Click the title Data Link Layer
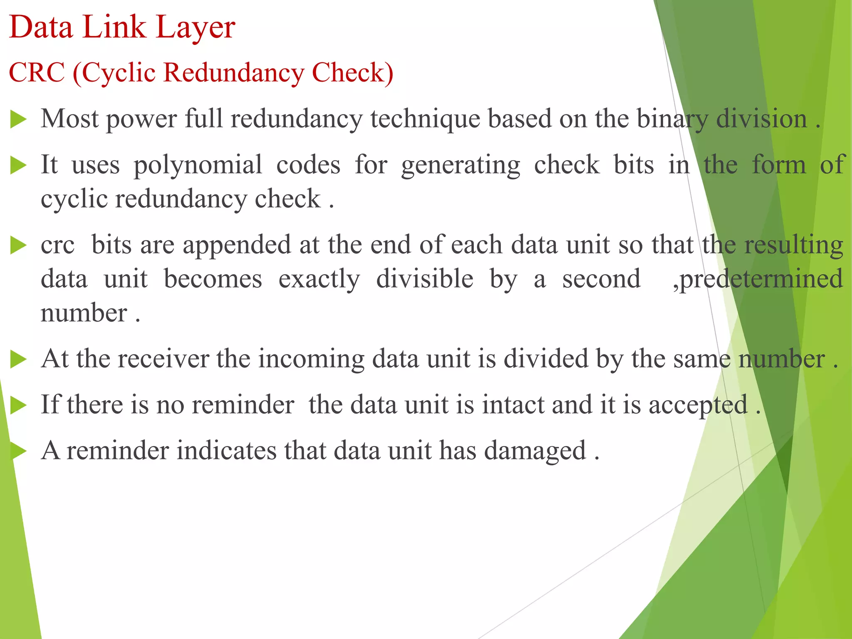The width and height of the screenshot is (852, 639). point(122,27)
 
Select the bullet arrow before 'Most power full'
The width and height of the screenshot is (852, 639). point(18,119)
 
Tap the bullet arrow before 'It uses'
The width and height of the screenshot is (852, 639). point(18,165)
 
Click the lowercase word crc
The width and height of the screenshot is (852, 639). point(57,245)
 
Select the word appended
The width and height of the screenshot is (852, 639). point(237,245)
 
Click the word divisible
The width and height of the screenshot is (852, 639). point(425,279)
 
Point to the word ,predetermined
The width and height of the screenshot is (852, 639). point(758,279)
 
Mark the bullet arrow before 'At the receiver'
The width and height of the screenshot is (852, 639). point(18,359)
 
